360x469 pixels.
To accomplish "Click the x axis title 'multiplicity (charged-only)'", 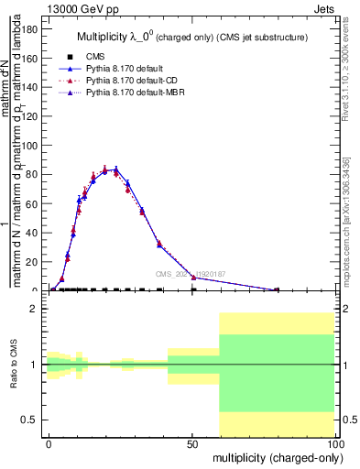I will pyautogui.click(x=274, y=457).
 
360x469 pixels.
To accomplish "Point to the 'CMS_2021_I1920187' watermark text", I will pyautogui.click(x=191, y=274).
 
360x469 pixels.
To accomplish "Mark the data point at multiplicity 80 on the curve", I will pyautogui.click(x=278, y=289).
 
